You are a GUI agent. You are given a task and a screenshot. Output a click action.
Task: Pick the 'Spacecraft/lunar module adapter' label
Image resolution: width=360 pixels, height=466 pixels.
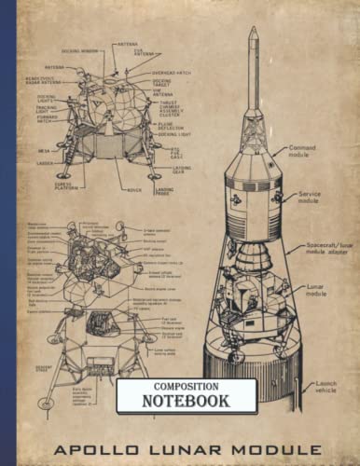[x=325, y=249]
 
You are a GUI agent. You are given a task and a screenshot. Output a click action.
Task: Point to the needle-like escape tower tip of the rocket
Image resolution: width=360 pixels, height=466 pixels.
[x=253, y=37]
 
